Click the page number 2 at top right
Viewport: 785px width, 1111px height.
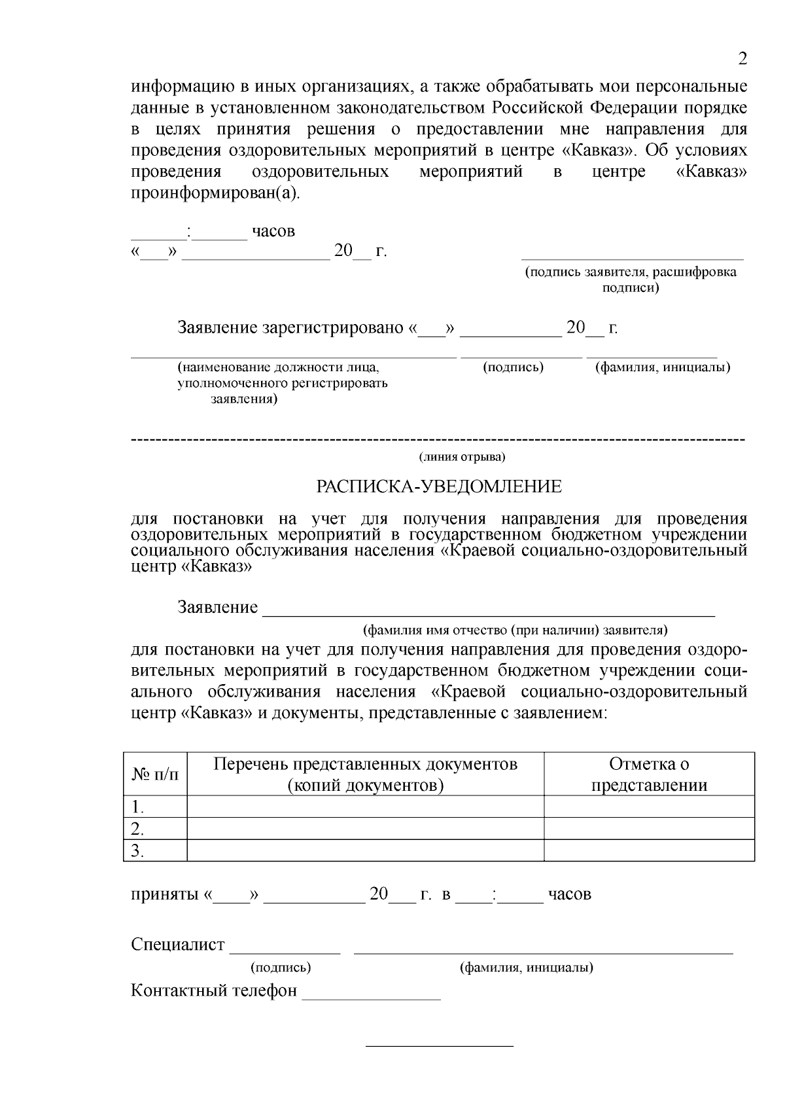pos(742,59)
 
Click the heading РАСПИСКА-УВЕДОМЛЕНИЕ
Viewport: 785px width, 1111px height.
pos(439,486)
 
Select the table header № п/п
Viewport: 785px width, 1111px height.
pos(155,774)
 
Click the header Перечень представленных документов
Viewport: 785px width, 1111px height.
pos(366,765)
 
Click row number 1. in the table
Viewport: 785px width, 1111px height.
pos(138,807)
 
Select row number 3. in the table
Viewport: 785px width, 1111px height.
pos(138,850)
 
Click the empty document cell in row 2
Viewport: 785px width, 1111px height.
pos(365,829)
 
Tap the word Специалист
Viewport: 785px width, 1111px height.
pos(177,945)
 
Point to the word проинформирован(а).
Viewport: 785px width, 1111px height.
pos(215,194)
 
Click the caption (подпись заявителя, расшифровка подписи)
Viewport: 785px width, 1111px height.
pos(631,280)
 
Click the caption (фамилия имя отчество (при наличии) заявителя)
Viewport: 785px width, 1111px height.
pos(515,630)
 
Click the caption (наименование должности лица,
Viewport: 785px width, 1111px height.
pos(279,368)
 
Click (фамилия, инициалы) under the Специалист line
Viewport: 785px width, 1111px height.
pos(527,968)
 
